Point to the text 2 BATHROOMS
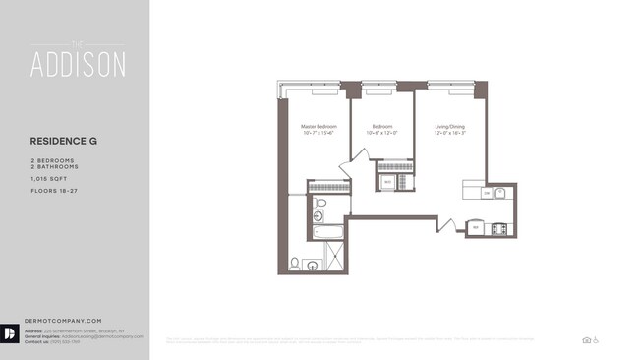(54, 167)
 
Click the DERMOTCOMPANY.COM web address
(66, 321)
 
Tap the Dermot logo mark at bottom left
(9, 334)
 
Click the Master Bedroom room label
(319, 127)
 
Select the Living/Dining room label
(449, 127)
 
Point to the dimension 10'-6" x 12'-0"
(382, 133)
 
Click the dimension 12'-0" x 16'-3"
(449, 133)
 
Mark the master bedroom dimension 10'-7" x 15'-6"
(319, 133)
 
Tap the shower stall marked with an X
(336, 258)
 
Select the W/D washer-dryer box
(387, 183)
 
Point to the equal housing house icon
(587, 339)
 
